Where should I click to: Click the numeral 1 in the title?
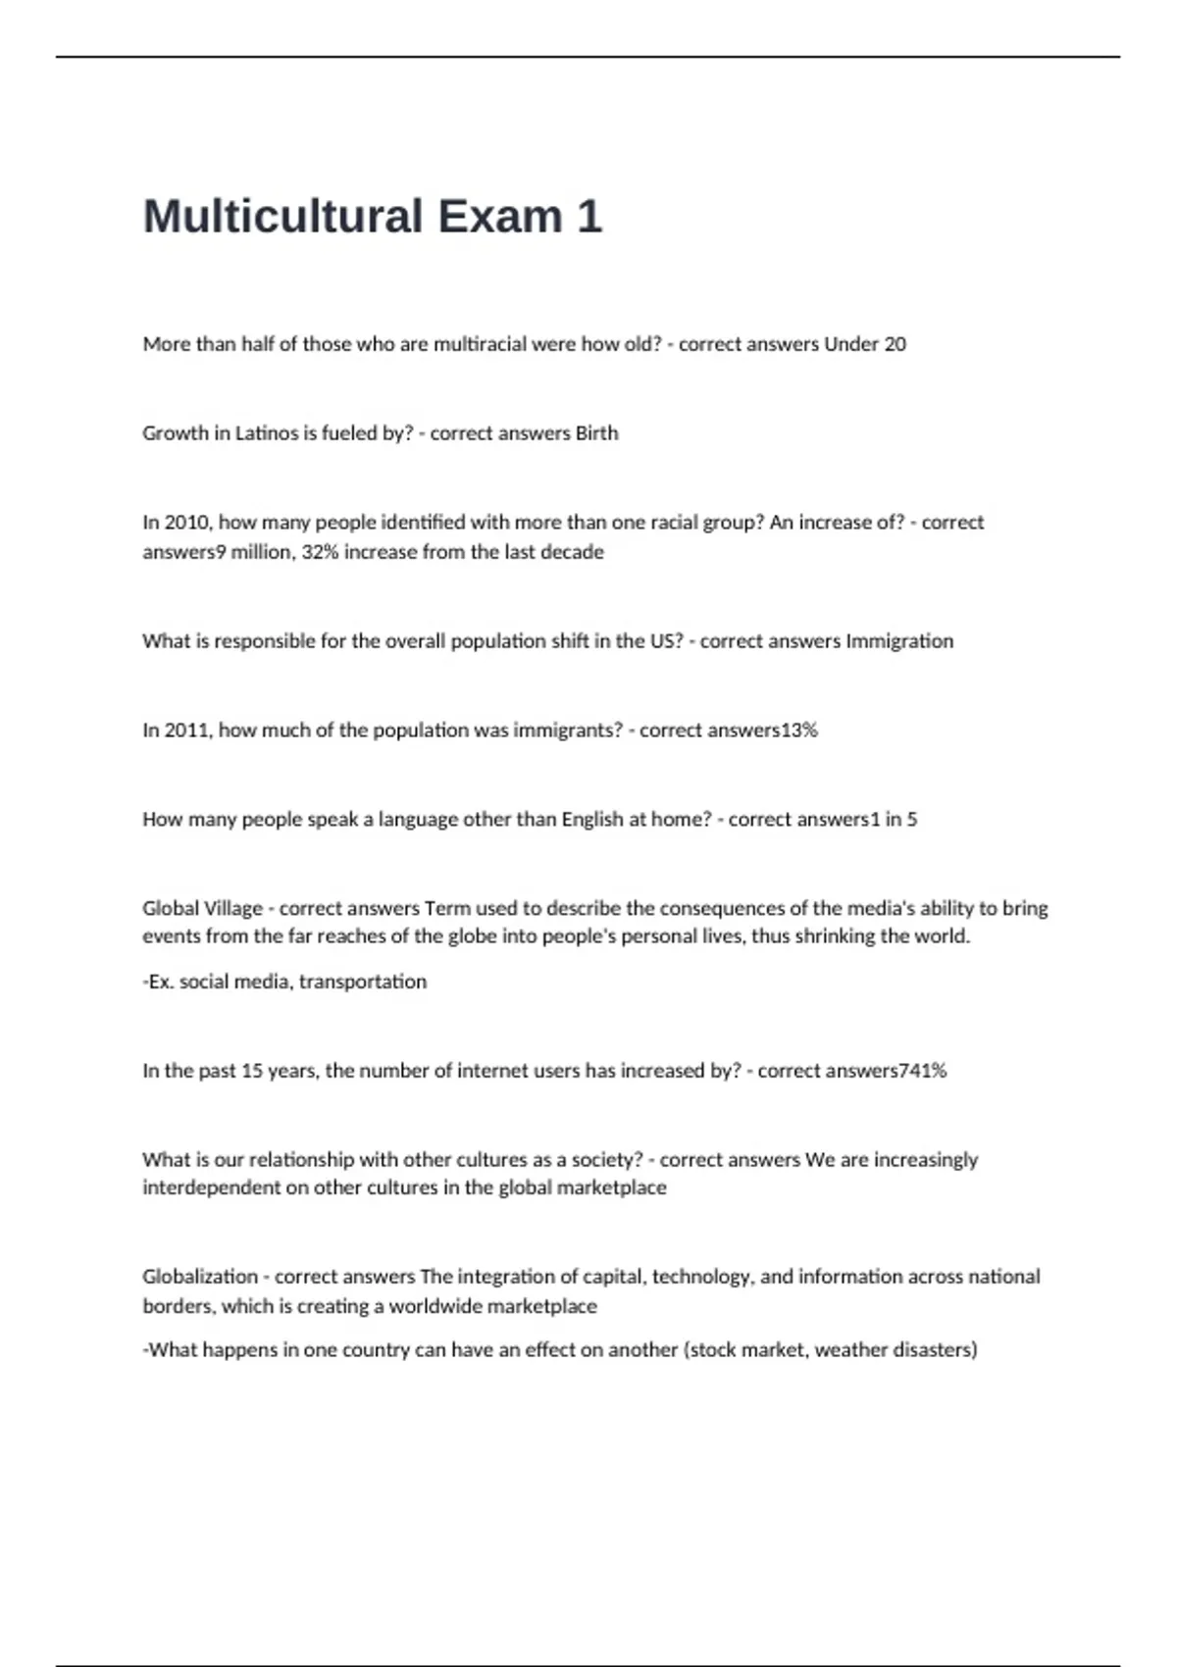pyautogui.click(x=589, y=217)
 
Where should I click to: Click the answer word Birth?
pyautogui.click(x=596, y=433)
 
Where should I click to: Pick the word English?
pyautogui.click(x=592, y=820)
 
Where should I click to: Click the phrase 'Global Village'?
pyautogui.click(x=202, y=909)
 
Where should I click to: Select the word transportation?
pyautogui.click(x=363, y=982)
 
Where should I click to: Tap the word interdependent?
pyautogui.click(x=211, y=1187)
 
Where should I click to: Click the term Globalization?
pyautogui.click(x=200, y=1277)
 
